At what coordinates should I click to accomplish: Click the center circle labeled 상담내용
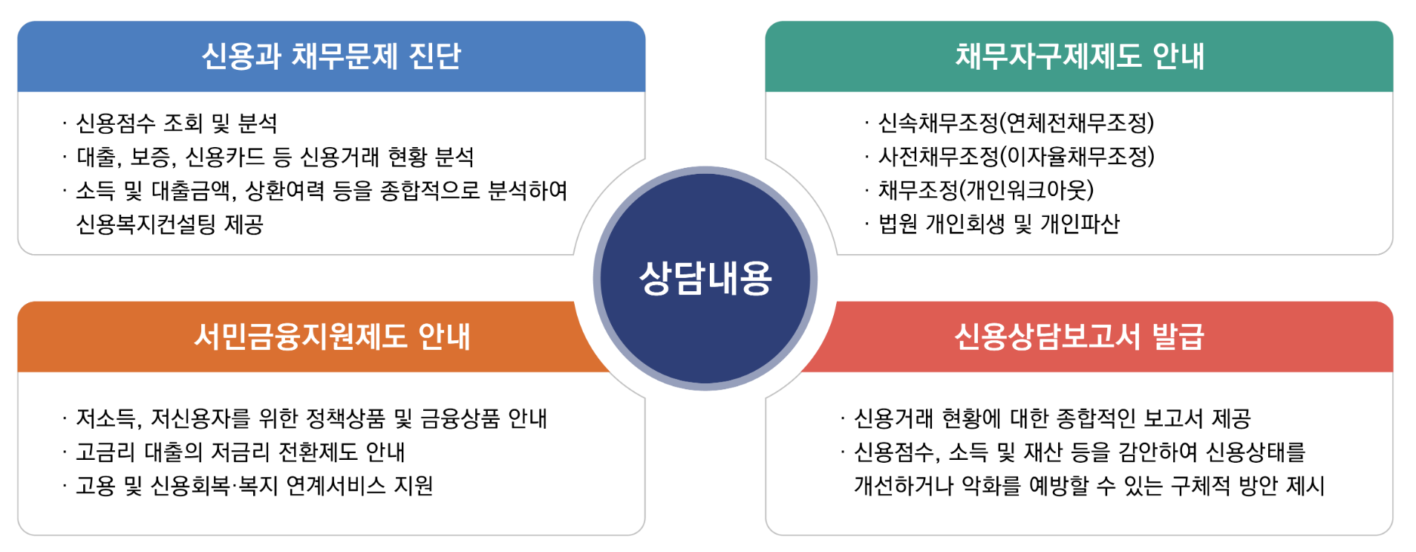[x=705, y=279]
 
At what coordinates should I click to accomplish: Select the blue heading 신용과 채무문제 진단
[x=331, y=56]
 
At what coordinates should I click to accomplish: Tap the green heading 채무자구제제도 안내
[x=1079, y=56]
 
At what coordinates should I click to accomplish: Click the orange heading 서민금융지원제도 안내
[x=331, y=337]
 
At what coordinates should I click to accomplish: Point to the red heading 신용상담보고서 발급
[x=1079, y=337]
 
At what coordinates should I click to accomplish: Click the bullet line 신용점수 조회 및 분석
[x=177, y=123]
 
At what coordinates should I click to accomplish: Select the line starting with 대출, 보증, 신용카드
[x=275, y=157]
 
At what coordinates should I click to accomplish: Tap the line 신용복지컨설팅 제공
[x=170, y=224]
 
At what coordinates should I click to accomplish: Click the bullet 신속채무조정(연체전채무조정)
[x=1016, y=123]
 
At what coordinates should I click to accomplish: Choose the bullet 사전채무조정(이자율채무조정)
[x=1016, y=157]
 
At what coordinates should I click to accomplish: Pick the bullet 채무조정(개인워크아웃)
[x=986, y=190]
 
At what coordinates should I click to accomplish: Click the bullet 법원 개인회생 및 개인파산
[x=999, y=224]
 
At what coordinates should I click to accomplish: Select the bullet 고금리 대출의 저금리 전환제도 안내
[x=241, y=452]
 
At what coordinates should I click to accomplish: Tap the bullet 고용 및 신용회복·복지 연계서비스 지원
[x=255, y=486]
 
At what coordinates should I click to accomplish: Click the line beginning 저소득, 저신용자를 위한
[x=311, y=418]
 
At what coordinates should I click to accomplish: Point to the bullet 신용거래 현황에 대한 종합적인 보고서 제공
[x=1052, y=418]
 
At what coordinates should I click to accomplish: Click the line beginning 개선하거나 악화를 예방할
[x=1089, y=486]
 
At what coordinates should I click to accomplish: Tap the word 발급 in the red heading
[x=1178, y=337]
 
